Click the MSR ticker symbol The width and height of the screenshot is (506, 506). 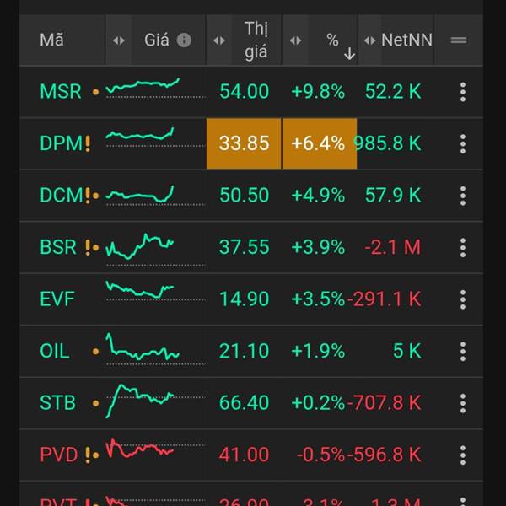pos(61,91)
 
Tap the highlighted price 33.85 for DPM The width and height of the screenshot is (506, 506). pos(244,143)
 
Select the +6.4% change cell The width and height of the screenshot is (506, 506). pos(318,143)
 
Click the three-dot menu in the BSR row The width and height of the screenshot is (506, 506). pos(463,247)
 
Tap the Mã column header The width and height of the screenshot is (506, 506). pos(51,40)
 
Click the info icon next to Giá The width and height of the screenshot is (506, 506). pos(184,40)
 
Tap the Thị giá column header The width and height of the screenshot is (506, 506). pos(256,40)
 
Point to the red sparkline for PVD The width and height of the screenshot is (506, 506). pos(140,449)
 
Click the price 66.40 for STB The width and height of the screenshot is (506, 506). pos(244,403)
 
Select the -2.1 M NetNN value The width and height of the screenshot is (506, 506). pos(393,247)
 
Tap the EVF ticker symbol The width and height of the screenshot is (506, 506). pos(57,299)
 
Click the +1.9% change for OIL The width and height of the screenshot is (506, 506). pos(318,351)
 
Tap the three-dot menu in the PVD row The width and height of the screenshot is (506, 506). pos(463,455)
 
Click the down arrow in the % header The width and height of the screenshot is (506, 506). pos(349,54)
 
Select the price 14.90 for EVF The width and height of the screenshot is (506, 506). pos(244,299)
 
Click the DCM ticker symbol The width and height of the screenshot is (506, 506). pos(62,195)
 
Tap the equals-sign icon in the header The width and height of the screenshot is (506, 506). pos(459,40)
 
